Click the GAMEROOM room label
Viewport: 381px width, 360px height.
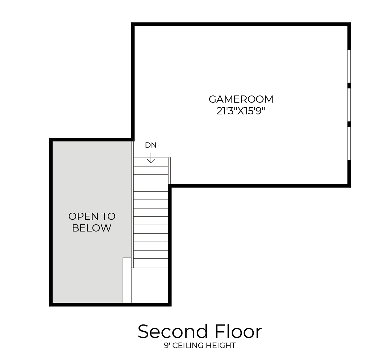pos(241,99)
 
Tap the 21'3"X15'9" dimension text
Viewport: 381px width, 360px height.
pos(241,111)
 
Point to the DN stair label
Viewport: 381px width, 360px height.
pos(151,145)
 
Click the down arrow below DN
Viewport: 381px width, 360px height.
pos(151,158)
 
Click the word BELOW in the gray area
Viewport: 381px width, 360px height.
pos(92,228)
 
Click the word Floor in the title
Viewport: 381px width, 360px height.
pos(238,332)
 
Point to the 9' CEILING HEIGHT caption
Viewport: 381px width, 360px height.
pos(200,346)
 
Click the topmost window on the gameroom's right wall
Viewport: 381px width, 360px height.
pos(349,66)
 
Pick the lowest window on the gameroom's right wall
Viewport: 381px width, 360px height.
pos(349,143)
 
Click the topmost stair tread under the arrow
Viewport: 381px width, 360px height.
pos(151,162)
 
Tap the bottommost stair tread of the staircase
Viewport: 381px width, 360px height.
pos(151,263)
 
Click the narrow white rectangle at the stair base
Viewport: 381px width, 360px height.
pos(127,280)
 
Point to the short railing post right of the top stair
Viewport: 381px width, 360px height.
pos(169,170)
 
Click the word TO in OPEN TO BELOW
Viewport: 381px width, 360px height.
pos(108,216)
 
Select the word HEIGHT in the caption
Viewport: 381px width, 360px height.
pos(220,346)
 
